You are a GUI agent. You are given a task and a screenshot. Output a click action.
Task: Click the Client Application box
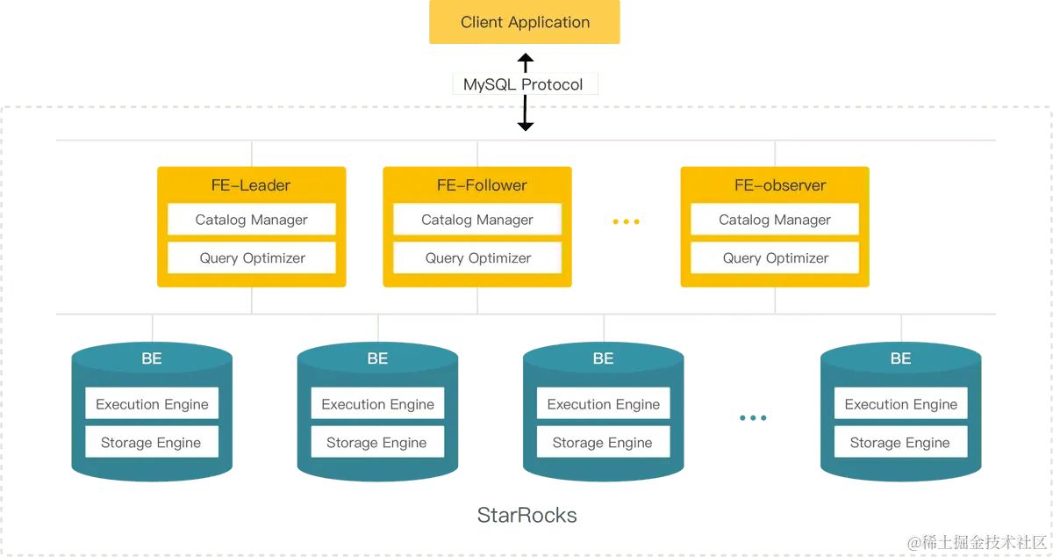(x=525, y=23)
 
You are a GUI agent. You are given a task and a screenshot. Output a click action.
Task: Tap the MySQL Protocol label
(x=523, y=85)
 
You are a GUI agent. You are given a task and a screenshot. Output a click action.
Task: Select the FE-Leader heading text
(x=252, y=185)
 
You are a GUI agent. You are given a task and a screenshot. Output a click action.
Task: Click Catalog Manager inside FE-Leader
(x=252, y=220)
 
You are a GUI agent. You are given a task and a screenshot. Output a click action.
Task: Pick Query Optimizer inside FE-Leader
(x=252, y=257)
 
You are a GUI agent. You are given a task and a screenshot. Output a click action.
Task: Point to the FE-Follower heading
(x=477, y=185)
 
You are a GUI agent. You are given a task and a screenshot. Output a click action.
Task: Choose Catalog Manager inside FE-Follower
(x=477, y=220)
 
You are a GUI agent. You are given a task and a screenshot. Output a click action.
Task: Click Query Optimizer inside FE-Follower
(x=477, y=257)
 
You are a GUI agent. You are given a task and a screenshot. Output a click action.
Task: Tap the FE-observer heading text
(x=775, y=185)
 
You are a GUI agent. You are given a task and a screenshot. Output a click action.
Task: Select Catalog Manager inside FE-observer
(x=775, y=220)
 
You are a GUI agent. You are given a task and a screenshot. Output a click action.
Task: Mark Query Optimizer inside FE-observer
(x=775, y=257)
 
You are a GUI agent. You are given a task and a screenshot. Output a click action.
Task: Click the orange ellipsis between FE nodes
(x=627, y=222)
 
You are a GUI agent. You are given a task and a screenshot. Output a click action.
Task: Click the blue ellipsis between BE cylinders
(x=752, y=418)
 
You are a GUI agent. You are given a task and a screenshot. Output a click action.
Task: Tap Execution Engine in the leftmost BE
(x=152, y=404)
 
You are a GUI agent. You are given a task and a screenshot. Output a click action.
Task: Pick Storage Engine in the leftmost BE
(x=152, y=443)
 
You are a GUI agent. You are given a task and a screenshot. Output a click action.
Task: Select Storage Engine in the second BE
(x=377, y=443)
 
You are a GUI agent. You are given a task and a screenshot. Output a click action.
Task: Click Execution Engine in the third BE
(x=603, y=404)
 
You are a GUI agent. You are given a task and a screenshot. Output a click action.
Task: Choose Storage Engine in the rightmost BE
(x=900, y=443)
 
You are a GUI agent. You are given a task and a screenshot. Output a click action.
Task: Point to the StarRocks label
(x=526, y=516)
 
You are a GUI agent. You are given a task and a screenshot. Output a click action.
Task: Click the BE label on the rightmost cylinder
(x=900, y=358)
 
